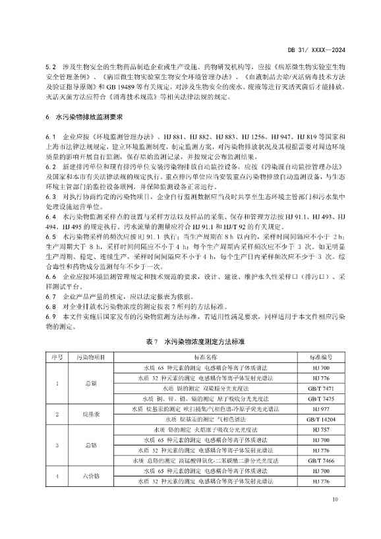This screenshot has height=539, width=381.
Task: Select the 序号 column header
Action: [57, 356]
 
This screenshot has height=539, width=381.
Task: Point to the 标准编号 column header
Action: [320, 356]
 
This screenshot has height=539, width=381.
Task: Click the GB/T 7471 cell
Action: [320, 389]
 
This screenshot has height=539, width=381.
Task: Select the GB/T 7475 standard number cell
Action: [320, 399]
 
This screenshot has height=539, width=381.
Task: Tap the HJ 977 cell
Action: [320, 409]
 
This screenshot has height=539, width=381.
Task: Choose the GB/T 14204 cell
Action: [320, 419]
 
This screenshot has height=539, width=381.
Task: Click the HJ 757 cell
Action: [320, 430]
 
